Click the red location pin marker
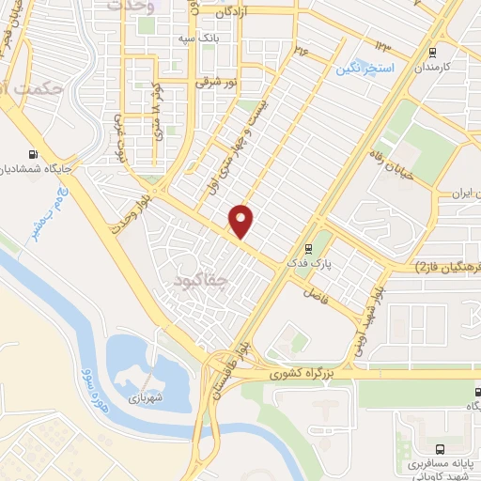click(x=242, y=221)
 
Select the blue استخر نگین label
click(x=365, y=70)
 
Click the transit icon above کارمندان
click(x=433, y=53)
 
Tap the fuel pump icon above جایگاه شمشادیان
click(x=35, y=154)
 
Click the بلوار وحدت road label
click(x=135, y=216)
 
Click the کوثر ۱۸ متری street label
click(x=156, y=112)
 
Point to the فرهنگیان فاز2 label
click(x=446, y=268)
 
